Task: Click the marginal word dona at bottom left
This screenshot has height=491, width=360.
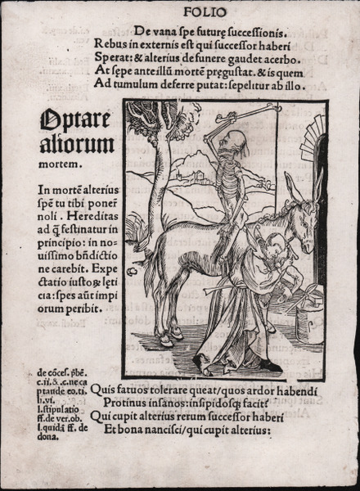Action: point(48,437)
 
